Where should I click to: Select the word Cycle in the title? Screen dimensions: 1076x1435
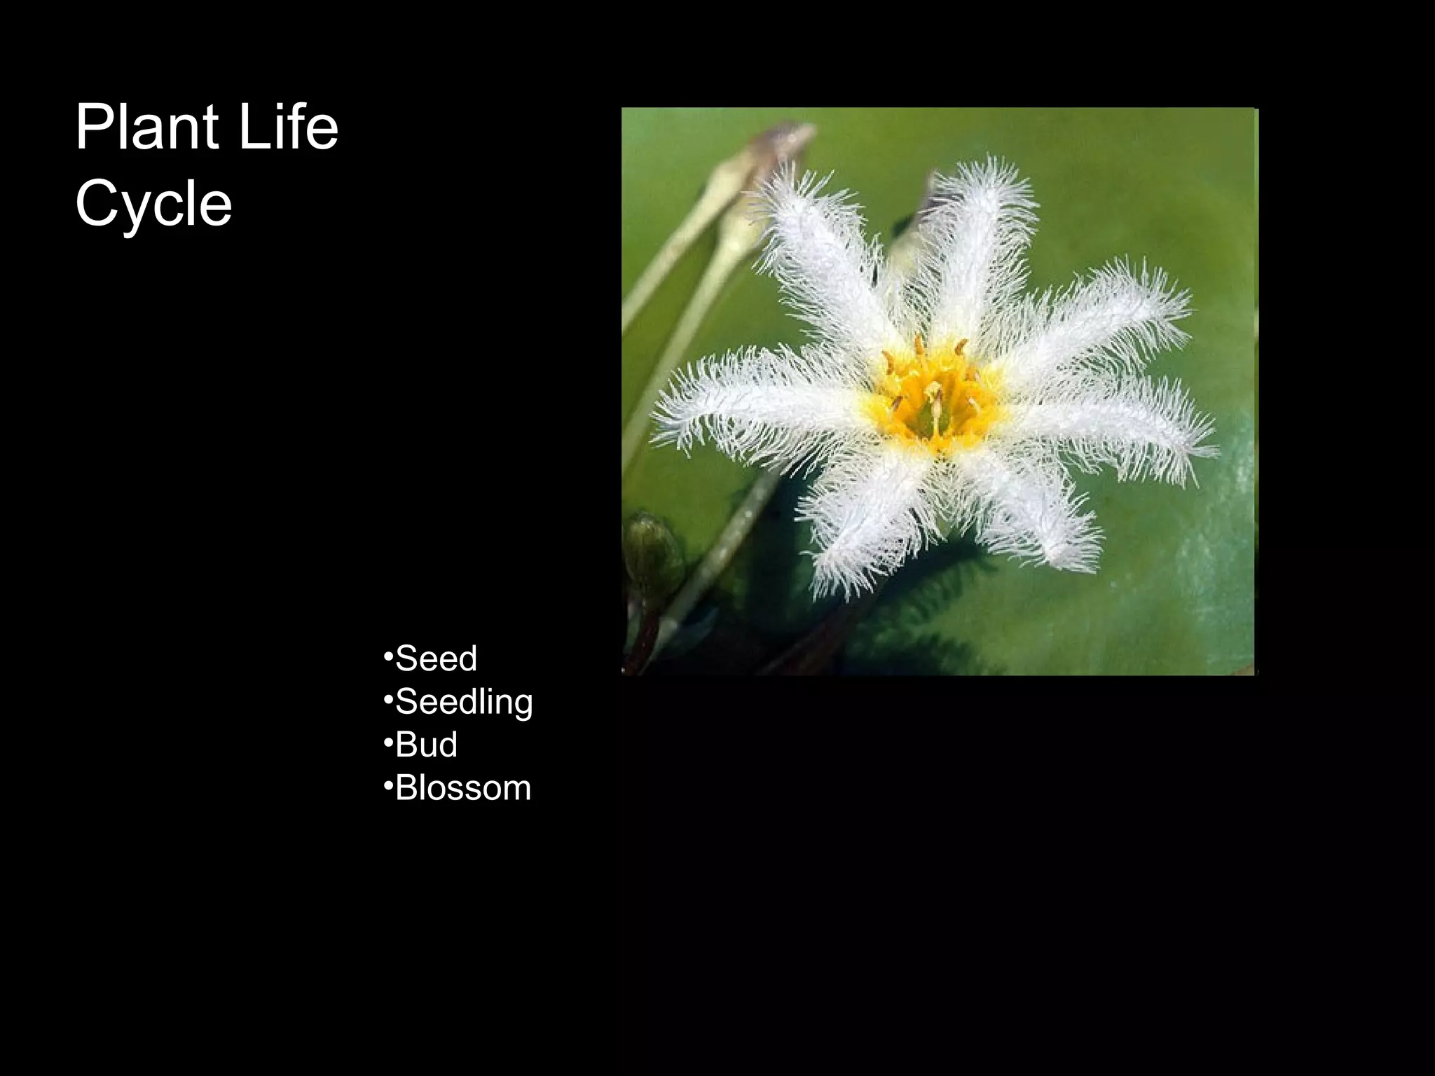pyautogui.click(x=153, y=204)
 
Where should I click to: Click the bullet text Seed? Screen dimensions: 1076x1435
pyautogui.click(x=436, y=658)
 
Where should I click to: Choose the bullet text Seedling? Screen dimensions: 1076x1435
pyautogui.click(x=464, y=702)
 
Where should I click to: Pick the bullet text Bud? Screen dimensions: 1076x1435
pyautogui.click(x=426, y=745)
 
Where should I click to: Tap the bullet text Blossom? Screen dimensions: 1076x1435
pyautogui.click(x=462, y=788)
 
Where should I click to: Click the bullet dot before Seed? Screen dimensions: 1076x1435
pyautogui.click(x=387, y=657)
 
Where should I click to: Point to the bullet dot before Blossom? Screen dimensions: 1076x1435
pyautogui.click(x=387, y=786)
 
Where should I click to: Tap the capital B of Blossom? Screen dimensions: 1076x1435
pyautogui.click(x=407, y=788)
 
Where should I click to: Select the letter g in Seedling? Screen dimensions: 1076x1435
pyautogui.click(x=521, y=705)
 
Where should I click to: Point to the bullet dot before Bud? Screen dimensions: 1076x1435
pyautogui.click(x=387, y=743)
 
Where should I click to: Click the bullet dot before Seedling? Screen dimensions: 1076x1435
pyautogui.click(x=387, y=700)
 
